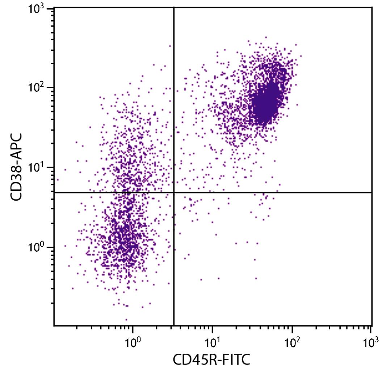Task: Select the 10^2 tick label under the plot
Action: (292, 341)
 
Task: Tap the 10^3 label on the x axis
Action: (371, 341)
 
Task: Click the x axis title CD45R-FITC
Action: (211, 360)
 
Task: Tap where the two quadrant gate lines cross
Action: (174, 193)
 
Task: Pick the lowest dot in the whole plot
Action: (126, 320)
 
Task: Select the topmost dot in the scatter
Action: (265, 37)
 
